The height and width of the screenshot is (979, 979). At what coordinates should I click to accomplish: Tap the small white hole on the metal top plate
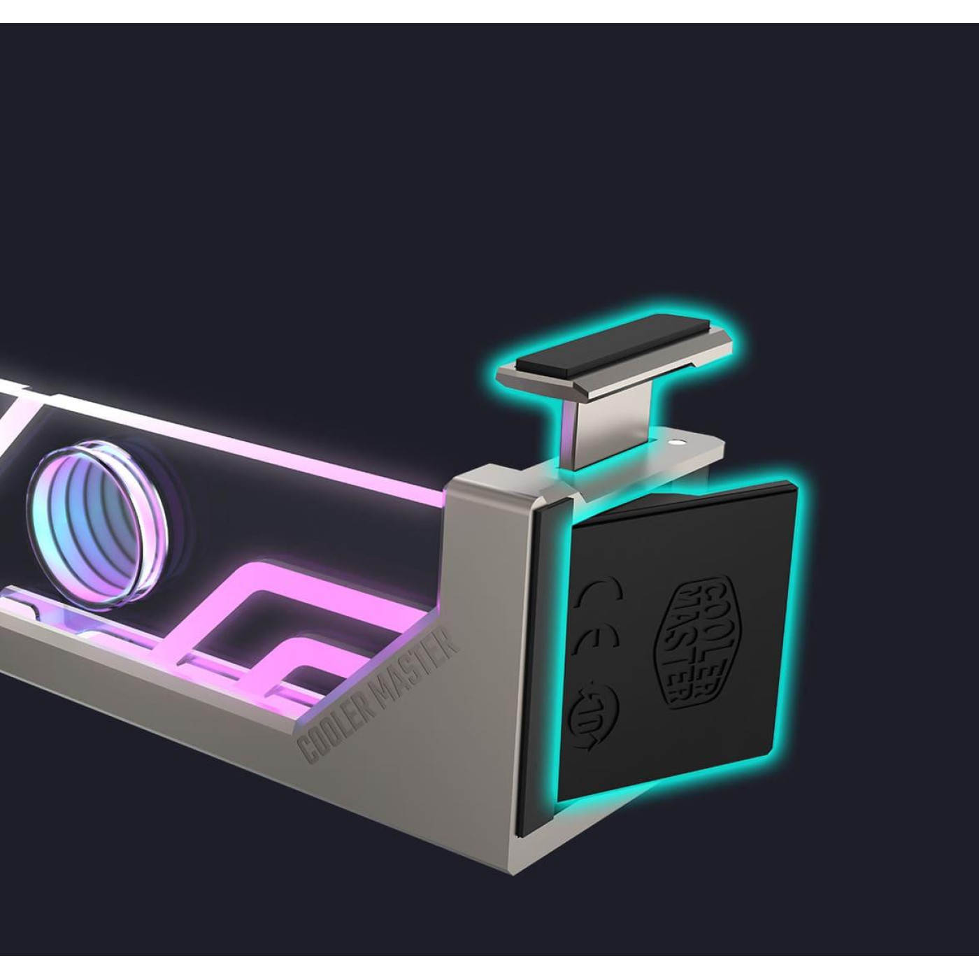[x=676, y=441]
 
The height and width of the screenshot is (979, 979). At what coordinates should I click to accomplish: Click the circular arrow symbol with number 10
[x=594, y=718]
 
